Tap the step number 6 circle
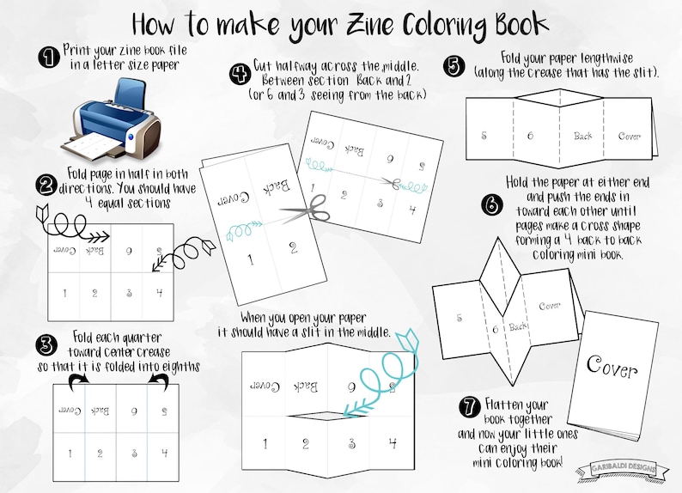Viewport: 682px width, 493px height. click(x=489, y=206)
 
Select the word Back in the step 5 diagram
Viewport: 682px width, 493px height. click(x=583, y=136)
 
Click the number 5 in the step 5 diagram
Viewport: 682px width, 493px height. click(x=484, y=136)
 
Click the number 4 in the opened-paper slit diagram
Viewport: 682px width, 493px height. click(x=392, y=444)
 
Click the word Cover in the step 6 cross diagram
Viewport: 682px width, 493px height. click(x=550, y=306)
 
